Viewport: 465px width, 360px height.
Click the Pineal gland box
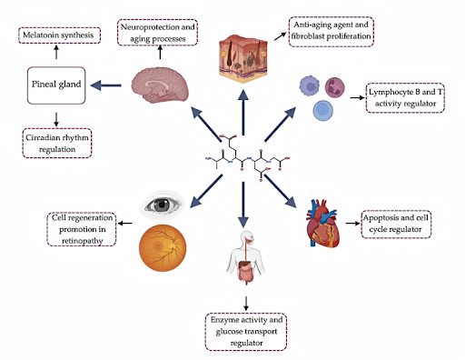[56, 85]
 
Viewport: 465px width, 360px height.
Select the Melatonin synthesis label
[59, 35]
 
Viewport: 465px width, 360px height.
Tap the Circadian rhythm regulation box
[57, 143]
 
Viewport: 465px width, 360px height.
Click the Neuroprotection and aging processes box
[157, 33]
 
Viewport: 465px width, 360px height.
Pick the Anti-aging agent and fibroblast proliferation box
[331, 32]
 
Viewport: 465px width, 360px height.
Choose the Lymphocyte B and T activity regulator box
[405, 98]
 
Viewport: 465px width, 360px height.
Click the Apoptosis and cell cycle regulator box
[396, 225]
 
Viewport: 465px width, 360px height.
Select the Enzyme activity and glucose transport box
[246, 332]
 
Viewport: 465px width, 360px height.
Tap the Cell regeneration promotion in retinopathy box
[82, 229]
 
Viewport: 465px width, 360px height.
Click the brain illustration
[160, 85]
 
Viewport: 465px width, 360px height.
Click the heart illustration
[322, 224]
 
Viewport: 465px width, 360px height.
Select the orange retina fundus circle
[163, 248]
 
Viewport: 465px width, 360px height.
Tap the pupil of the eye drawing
[162, 205]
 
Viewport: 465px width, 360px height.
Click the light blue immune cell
[323, 111]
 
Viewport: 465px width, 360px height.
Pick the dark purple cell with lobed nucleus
[335, 87]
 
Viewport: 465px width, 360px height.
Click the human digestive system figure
[246, 258]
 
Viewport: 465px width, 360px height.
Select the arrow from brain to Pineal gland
[106, 85]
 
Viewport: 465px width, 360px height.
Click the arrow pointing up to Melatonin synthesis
[56, 52]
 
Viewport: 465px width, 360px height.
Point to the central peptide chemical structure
[248, 158]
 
